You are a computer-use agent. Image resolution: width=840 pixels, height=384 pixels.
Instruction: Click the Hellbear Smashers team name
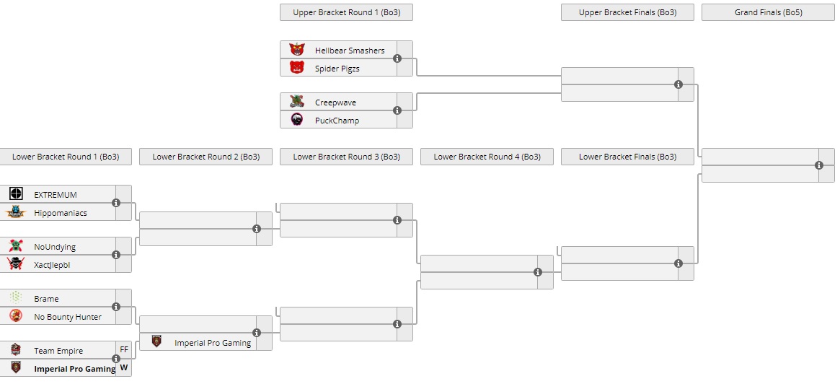tap(350, 51)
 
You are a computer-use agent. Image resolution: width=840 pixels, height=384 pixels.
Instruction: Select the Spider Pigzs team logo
tap(297, 68)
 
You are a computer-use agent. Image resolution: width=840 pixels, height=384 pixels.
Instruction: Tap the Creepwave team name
tap(335, 102)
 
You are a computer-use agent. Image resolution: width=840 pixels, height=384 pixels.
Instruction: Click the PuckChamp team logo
tap(297, 120)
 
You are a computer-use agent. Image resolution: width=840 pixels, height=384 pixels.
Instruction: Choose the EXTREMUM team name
tap(56, 195)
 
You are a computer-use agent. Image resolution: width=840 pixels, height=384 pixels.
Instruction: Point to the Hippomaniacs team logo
tap(16, 212)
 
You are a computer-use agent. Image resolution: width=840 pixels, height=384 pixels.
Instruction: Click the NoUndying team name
tap(55, 247)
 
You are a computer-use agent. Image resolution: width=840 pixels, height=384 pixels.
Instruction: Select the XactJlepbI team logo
tap(16, 264)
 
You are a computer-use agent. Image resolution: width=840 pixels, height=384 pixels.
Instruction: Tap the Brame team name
tap(46, 299)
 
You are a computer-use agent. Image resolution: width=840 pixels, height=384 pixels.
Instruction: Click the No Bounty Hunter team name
tap(68, 317)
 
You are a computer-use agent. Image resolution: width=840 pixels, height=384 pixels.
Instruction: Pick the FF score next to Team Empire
tap(124, 350)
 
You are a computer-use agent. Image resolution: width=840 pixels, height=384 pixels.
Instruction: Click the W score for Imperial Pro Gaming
tap(124, 368)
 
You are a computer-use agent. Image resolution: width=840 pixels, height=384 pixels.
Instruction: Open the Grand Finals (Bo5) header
tap(768, 12)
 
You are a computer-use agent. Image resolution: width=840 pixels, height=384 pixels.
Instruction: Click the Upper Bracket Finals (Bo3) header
tap(627, 12)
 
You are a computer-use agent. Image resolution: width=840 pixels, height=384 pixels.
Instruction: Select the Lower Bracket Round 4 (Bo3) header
tap(487, 157)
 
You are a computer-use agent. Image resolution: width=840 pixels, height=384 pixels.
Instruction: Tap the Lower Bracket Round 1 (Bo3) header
tap(66, 157)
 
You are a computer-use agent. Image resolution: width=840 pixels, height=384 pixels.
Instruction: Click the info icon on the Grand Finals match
tap(819, 165)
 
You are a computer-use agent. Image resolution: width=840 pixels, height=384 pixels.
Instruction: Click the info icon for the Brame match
tap(116, 307)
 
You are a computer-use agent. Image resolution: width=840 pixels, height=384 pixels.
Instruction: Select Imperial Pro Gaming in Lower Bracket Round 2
tap(213, 343)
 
